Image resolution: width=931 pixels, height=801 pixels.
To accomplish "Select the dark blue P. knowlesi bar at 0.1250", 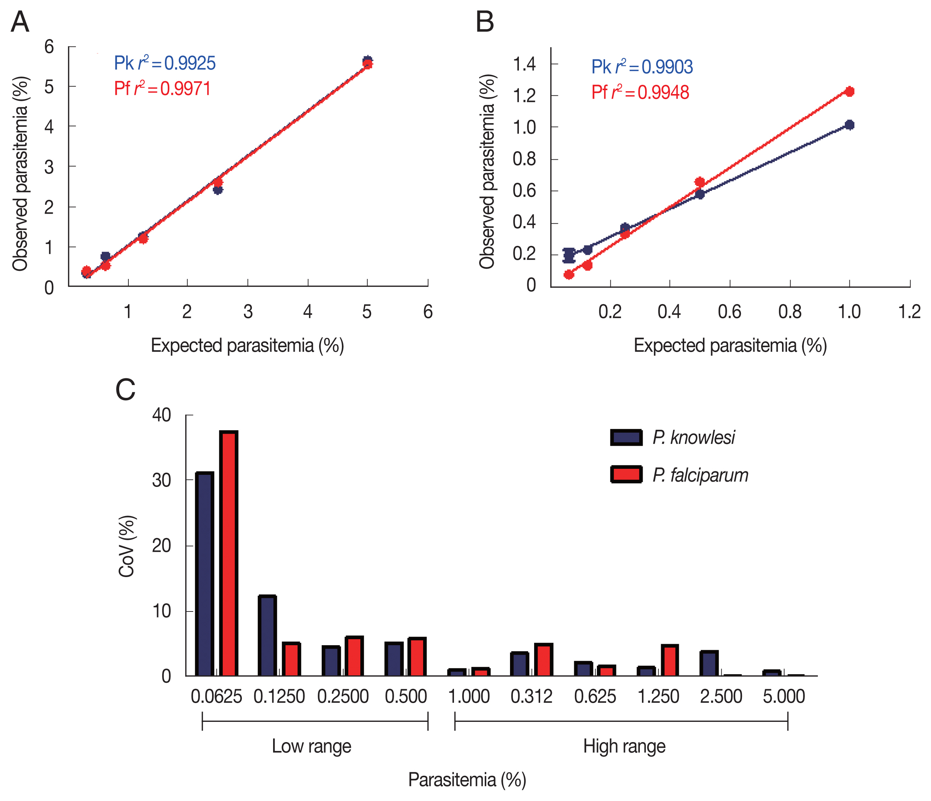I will point(267,636).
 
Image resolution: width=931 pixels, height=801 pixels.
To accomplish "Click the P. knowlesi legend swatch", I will point(626,437).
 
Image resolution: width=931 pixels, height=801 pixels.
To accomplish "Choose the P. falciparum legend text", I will point(700,475).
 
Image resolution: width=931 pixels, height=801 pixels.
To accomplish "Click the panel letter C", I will point(125,390).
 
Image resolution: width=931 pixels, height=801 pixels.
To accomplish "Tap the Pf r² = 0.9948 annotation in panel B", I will point(640,92).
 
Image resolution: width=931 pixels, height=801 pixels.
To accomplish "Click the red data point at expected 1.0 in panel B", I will point(849,92).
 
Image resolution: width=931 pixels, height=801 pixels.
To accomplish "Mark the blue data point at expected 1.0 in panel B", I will point(849,125).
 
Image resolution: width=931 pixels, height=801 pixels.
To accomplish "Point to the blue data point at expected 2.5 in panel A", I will point(218,190).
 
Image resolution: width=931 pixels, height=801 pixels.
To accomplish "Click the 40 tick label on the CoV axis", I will point(161,415).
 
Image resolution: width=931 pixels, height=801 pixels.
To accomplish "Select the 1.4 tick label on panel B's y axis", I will point(524,64).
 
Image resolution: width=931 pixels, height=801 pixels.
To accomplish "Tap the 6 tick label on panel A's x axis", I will point(428,312).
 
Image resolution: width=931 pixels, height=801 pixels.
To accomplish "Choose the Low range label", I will point(311,746).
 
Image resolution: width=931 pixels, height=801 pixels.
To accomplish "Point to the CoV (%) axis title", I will point(127,546).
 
